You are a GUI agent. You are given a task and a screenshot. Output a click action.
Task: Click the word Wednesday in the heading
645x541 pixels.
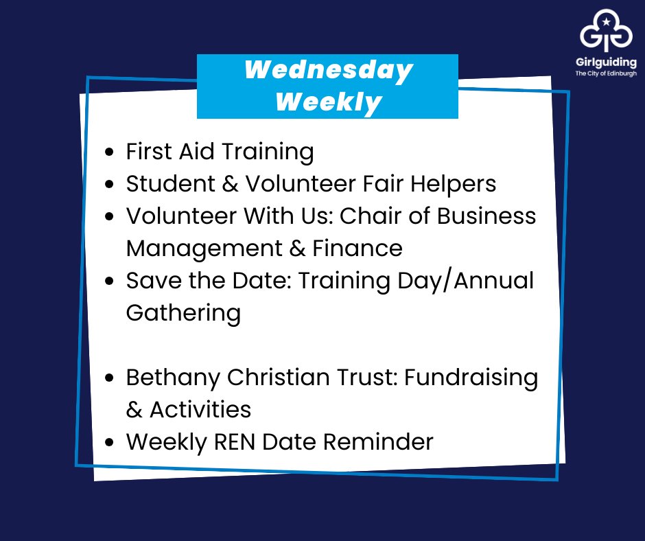tap(329, 70)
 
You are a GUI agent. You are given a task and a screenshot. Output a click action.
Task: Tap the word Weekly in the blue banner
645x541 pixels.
tap(329, 102)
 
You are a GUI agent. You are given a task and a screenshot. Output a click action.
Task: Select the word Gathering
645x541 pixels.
tap(183, 312)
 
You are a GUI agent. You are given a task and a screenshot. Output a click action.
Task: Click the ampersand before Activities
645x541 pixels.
tap(134, 409)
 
